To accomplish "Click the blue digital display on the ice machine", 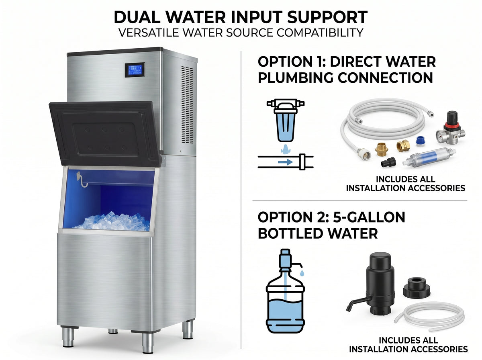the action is click(x=135, y=70).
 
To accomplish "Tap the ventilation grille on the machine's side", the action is click(x=187, y=104).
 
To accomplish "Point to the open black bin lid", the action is click(x=105, y=133).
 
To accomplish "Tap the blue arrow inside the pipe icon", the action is click(x=285, y=162).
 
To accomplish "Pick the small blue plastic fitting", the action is click(x=421, y=141).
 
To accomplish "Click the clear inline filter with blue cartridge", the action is click(x=429, y=157).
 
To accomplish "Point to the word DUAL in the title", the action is click(x=137, y=17).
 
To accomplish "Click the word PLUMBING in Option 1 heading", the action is click(x=296, y=78).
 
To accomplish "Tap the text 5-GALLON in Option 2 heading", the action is click(x=369, y=217).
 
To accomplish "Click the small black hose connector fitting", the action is click(x=388, y=162).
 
